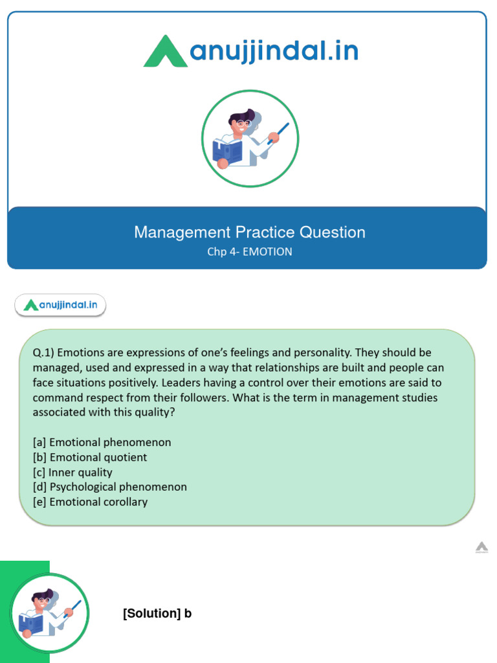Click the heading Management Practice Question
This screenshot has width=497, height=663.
pos(250,232)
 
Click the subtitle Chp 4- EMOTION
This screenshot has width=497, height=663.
pos(250,252)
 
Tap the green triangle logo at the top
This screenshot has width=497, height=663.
pos(166,51)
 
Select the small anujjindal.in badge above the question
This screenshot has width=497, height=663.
pos(60,305)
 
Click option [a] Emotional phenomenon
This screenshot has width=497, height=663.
pos(102,442)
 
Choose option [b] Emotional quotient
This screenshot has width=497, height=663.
pos(90,457)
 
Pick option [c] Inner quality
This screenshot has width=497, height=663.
pos(72,472)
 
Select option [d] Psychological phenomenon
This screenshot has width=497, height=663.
pos(110,487)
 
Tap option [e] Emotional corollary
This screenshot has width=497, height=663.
pos(91,502)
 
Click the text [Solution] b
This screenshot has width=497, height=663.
pos(157,614)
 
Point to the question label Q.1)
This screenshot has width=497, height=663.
pos(45,353)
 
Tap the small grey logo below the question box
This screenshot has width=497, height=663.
pos(481,548)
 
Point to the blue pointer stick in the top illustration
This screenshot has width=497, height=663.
pos(279,132)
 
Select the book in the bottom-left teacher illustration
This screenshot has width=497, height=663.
pos(30,623)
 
